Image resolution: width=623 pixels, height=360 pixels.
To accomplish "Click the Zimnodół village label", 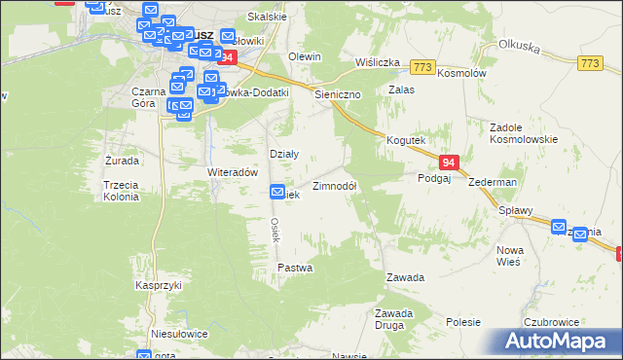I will tap(335, 186).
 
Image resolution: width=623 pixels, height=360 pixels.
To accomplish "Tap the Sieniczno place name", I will tap(338, 95).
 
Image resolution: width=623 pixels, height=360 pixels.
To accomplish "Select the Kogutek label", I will tap(406, 140).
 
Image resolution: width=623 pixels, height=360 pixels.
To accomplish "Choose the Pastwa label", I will tap(295, 267).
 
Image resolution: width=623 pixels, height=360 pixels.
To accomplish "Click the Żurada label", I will tap(122, 160).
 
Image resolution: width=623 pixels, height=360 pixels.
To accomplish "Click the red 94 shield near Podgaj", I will tap(448, 162).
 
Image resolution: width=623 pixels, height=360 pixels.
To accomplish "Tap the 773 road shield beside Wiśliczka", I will tap(422, 66).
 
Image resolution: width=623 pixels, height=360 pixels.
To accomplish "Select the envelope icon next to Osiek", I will tap(277, 194).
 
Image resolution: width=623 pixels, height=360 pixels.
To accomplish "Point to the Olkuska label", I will tap(519, 45).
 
